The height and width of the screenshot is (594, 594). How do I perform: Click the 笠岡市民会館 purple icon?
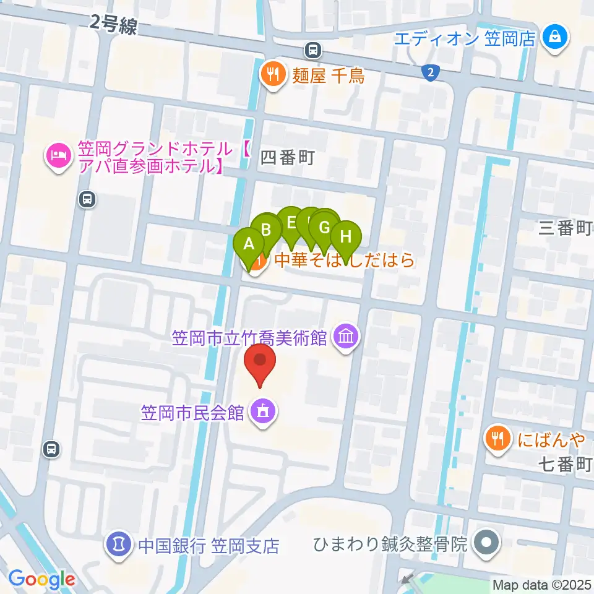263,411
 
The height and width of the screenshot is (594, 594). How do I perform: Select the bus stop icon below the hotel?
87,199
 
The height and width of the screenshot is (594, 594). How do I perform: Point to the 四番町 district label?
288,158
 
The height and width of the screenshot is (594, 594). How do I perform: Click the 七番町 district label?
565,465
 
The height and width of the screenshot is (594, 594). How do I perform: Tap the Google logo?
41,579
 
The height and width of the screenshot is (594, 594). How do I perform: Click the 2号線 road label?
113,24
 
